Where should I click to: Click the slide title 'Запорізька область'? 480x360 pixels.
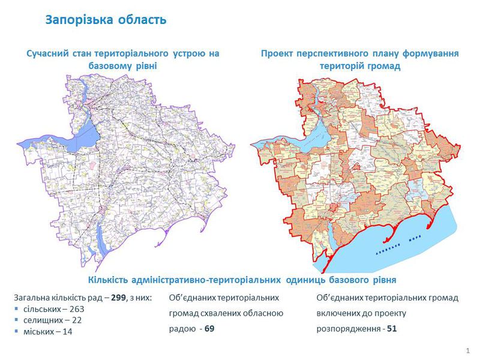click(106, 20)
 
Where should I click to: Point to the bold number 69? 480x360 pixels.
click(209, 329)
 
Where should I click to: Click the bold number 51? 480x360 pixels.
click(391, 329)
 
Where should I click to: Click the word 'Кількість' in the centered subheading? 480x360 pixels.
click(112, 280)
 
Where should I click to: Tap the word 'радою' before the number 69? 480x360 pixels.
click(182, 329)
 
